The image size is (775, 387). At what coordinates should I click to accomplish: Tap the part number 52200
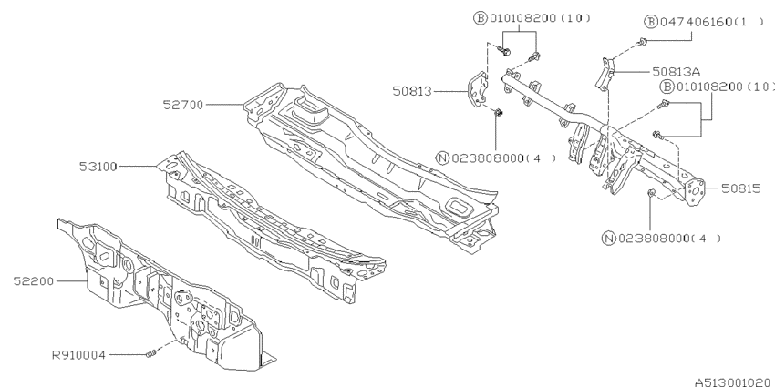pos(35,281)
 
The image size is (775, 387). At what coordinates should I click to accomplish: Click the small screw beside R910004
pos(152,353)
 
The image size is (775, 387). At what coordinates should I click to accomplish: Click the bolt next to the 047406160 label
pos(643,43)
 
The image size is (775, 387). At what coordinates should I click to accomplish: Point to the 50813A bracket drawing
pos(604,73)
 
